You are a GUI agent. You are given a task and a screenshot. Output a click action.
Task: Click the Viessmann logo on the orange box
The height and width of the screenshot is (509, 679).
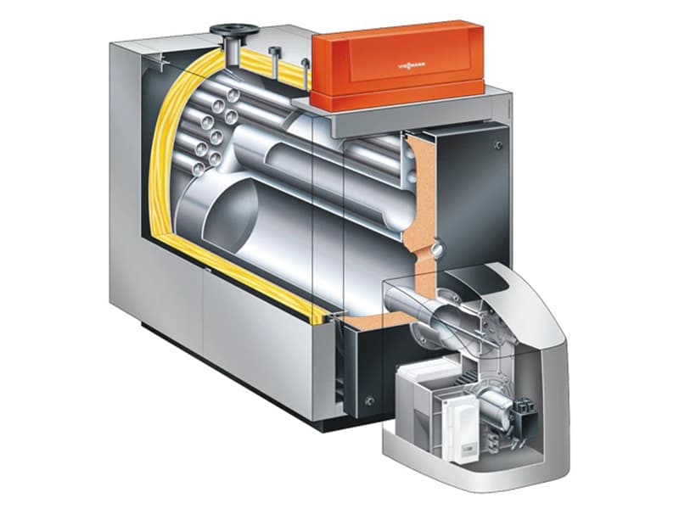[x=412, y=65]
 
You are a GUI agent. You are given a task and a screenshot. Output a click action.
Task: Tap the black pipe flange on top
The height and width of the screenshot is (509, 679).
[x=234, y=31]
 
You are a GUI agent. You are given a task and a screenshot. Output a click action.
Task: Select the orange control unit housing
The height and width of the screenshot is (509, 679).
[x=397, y=65]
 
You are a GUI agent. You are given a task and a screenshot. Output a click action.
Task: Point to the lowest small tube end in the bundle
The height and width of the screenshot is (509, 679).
[x=199, y=168]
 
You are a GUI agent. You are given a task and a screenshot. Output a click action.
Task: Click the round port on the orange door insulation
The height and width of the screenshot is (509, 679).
[x=438, y=249]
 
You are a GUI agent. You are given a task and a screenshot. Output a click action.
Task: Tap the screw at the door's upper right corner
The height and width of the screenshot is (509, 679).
[x=499, y=144]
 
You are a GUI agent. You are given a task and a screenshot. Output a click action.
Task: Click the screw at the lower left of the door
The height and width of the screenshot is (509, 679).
[x=369, y=400]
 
